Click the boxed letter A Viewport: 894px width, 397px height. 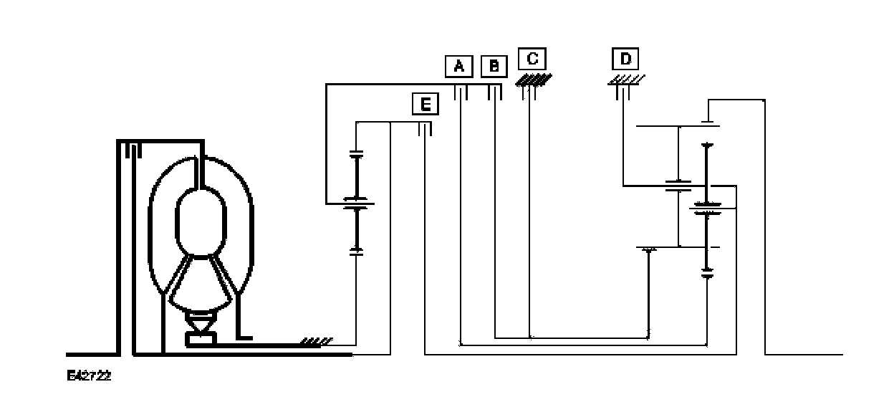(460, 67)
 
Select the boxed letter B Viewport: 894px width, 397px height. (494, 67)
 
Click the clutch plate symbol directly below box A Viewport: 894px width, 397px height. (462, 92)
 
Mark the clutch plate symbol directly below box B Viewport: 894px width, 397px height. (494, 92)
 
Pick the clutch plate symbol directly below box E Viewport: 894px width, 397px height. (425, 128)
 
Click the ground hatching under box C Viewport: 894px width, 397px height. (534, 79)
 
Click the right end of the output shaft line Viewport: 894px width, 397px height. (841, 354)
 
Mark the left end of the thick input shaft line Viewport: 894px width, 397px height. (69, 354)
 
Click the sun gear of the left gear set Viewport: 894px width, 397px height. (356, 204)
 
